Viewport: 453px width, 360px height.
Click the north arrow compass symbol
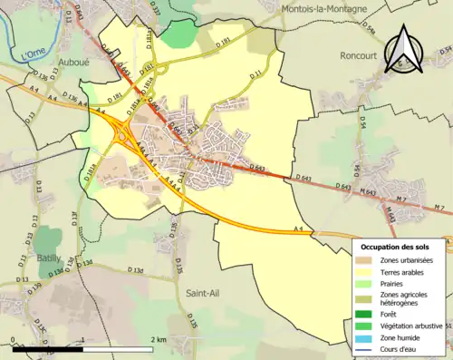pos(404,49)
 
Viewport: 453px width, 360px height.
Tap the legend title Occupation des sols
pos(401,247)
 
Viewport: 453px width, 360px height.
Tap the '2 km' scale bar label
pos(158,340)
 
